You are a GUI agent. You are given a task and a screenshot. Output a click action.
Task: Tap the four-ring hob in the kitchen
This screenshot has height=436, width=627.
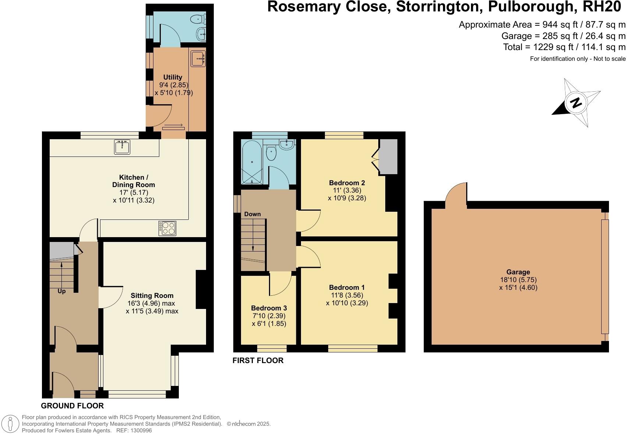coord(167,228)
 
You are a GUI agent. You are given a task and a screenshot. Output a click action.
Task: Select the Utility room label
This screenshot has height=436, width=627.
coord(173,77)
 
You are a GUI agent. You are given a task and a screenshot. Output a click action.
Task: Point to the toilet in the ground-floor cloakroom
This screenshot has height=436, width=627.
coord(199,18)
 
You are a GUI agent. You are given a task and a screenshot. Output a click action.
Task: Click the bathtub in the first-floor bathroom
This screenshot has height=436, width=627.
coord(252,162)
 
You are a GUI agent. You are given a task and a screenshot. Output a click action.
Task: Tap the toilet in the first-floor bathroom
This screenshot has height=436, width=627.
coord(272,154)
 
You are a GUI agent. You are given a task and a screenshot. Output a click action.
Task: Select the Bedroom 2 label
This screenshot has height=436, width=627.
coord(347,183)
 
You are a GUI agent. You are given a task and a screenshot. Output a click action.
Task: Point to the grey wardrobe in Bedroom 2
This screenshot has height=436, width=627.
coord(389,157)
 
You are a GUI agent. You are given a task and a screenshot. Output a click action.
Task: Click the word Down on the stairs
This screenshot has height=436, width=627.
coord(252,214)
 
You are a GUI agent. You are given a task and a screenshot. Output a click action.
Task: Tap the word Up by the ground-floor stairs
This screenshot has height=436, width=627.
coord(61,291)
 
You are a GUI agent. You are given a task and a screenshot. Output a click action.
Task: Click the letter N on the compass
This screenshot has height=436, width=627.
coord(576,103)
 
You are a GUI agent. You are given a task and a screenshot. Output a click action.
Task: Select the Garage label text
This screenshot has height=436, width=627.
coord(518,272)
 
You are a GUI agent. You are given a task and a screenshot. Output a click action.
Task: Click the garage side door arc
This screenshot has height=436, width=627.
coord(456,192)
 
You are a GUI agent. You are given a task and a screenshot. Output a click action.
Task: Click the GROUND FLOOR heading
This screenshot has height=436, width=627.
coord(72,406)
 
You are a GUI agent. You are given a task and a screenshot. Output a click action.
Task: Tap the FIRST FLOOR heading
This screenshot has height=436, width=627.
coord(258,361)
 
